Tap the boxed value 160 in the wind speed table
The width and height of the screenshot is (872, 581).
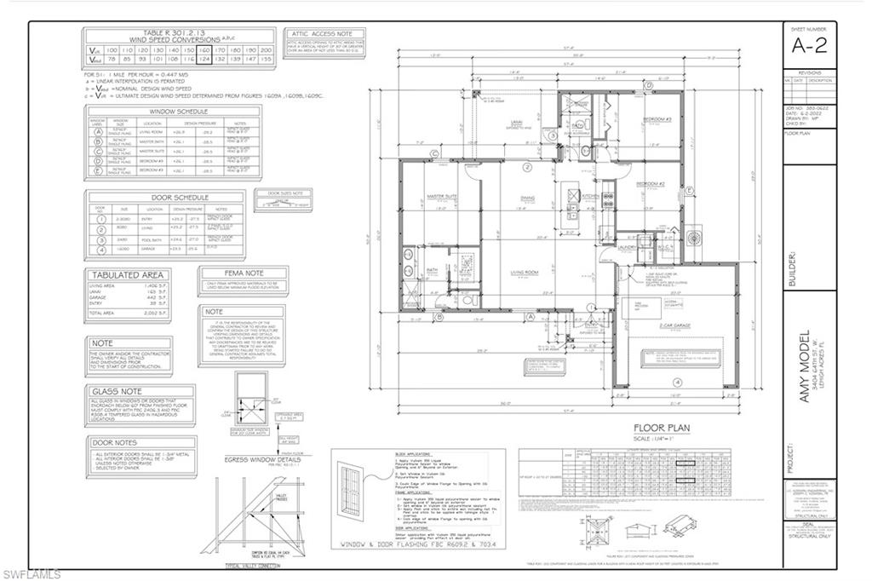click(204, 50)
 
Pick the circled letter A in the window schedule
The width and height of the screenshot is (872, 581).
click(98, 133)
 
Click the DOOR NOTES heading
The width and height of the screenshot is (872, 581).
click(114, 442)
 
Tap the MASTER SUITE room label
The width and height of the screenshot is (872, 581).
click(442, 197)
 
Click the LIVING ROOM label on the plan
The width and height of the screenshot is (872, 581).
click(528, 272)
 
